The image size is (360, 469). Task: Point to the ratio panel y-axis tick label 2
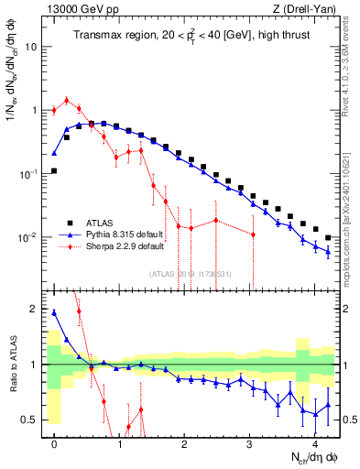[38, 309]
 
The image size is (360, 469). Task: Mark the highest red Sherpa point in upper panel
[67, 100]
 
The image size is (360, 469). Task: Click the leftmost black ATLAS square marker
[55, 170]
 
